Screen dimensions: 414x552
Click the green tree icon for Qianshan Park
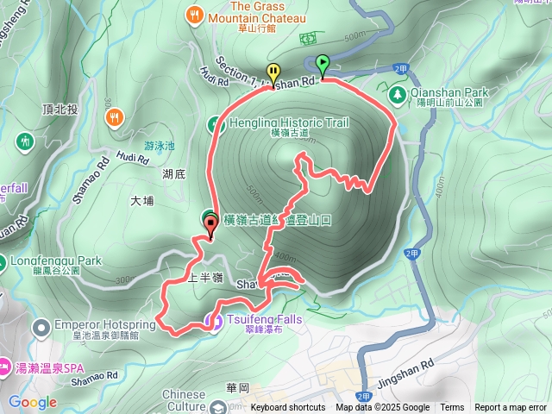pyautogui.click(x=398, y=92)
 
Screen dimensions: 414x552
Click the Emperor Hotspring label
pyautogui.click(x=105, y=324)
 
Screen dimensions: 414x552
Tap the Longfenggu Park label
pyautogui.click(x=55, y=261)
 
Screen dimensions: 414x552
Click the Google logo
pyautogui.click(x=33, y=403)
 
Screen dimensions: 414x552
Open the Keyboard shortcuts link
pyautogui.click(x=288, y=408)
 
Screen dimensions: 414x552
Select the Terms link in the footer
pyautogui.click(x=452, y=408)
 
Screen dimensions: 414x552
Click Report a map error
pyautogui.click(x=511, y=408)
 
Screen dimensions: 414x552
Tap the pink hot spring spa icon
pyautogui.click(x=6, y=367)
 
